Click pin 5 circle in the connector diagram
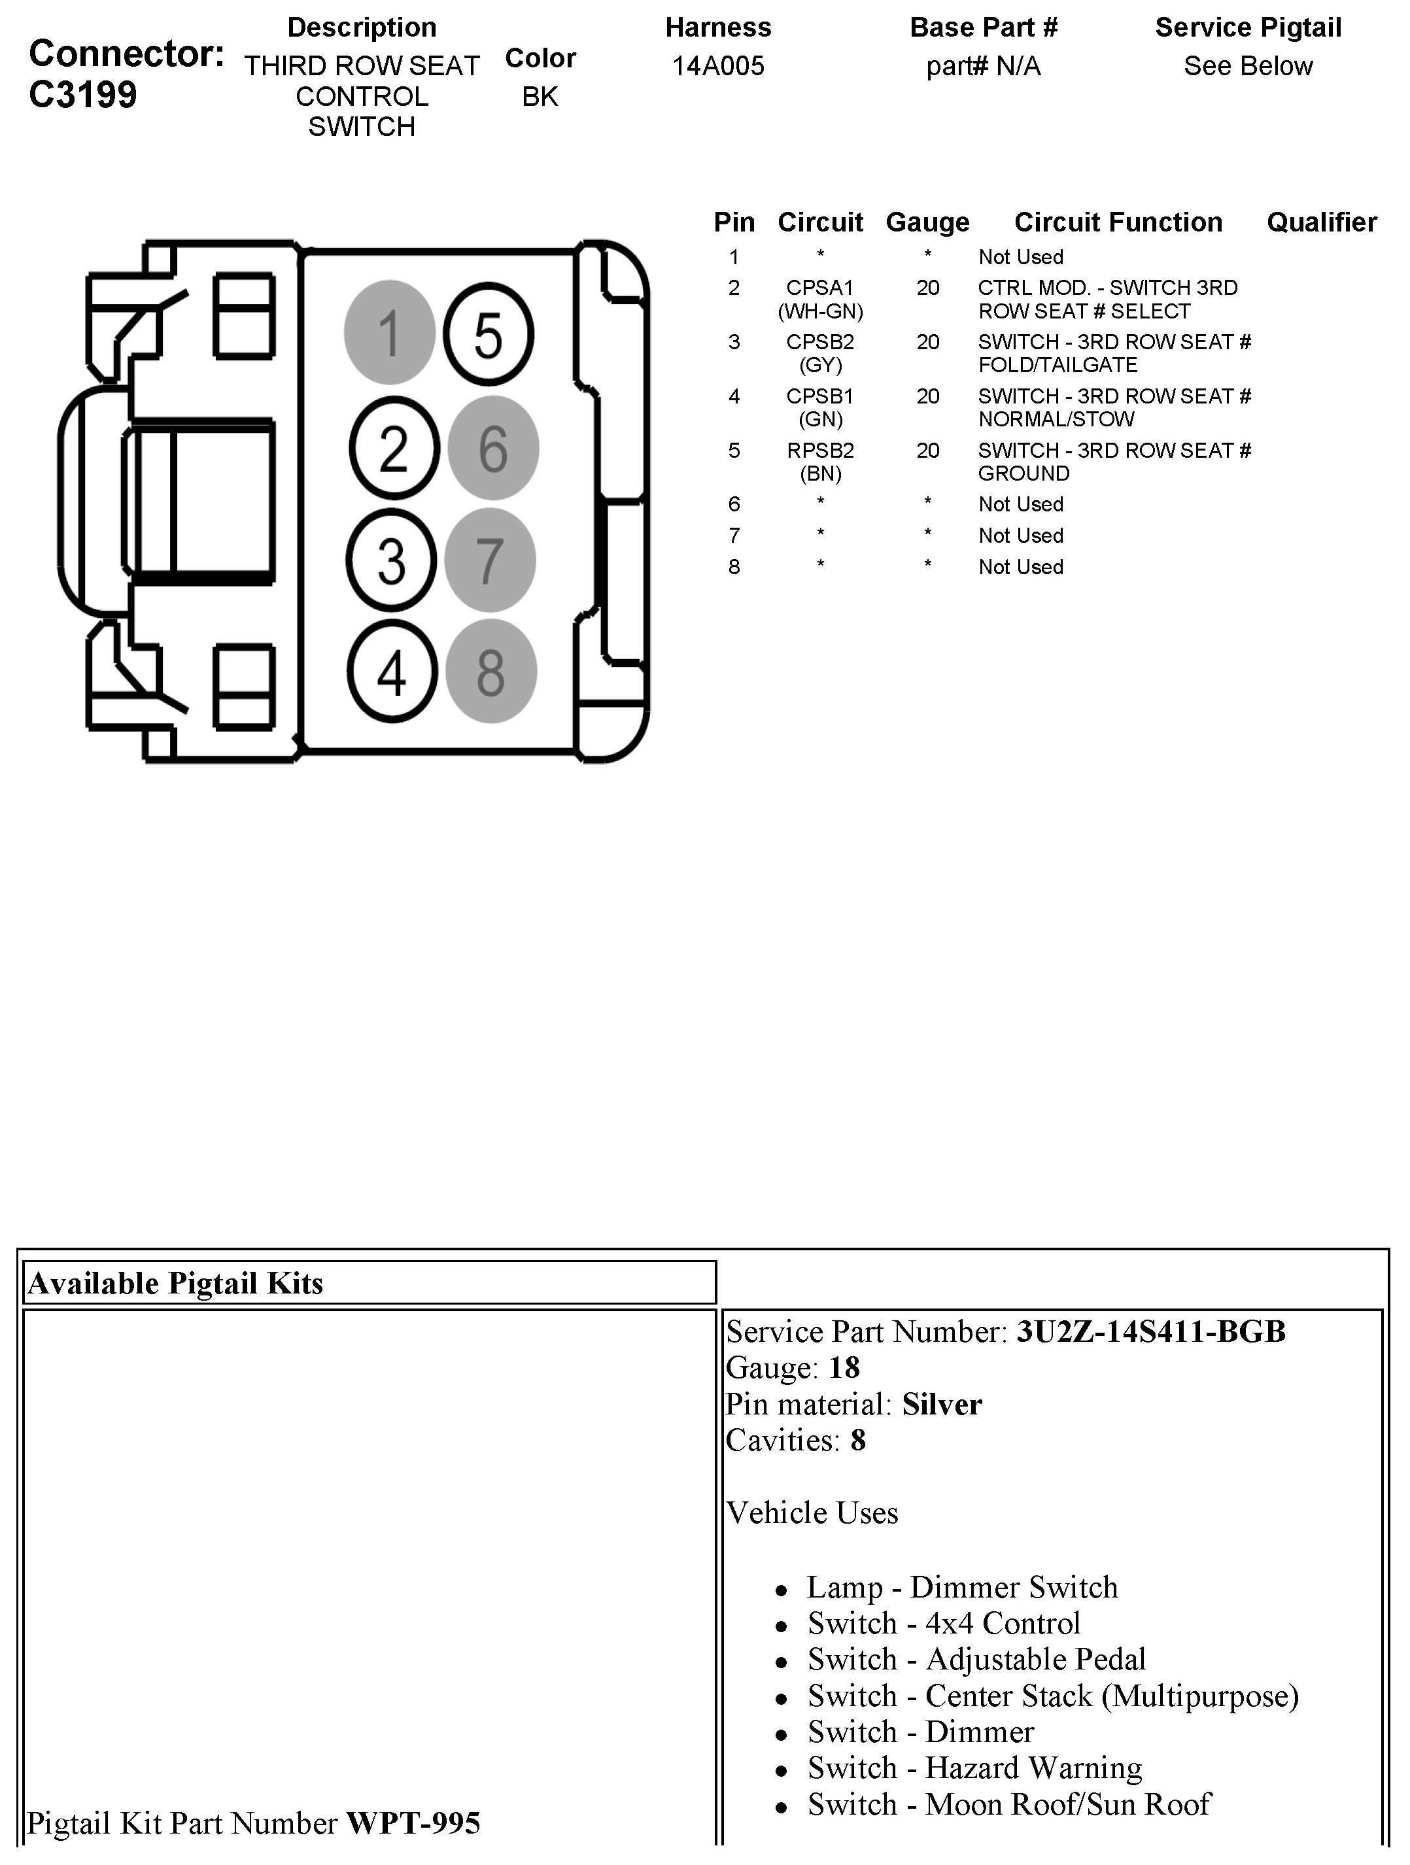coord(489,335)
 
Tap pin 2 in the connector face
coord(394,448)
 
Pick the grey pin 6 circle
coord(493,448)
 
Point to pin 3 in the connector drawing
coord(391,560)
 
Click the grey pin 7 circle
coord(490,560)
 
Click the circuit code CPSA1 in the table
coord(819,288)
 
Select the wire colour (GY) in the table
coord(821,365)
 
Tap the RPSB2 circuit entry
coord(819,451)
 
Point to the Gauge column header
coord(927,222)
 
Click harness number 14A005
coord(717,66)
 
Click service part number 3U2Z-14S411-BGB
coord(1150,1332)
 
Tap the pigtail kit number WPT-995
coord(413,1823)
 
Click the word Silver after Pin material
coord(942,1405)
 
